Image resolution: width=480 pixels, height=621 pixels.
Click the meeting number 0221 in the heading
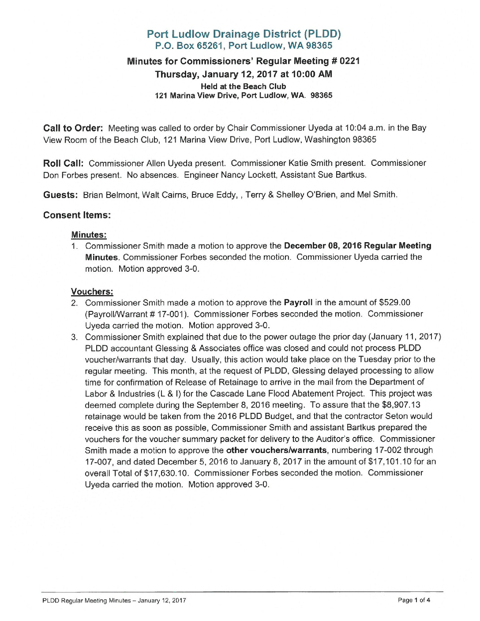coord(349,61)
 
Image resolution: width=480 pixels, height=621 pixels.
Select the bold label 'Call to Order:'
coord(73,128)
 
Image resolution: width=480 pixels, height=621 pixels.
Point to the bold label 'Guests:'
coord(60,195)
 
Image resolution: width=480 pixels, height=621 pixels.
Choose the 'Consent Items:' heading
coord(77,215)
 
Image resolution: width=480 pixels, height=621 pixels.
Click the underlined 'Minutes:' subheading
coord(89,235)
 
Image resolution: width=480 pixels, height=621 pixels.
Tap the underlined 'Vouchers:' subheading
coord(92,292)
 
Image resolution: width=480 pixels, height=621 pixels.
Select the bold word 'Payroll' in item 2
coord(298,303)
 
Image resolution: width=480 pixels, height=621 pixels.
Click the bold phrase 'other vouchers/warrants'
coord(276,450)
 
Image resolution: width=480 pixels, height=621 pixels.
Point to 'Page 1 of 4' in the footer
coord(414,600)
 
